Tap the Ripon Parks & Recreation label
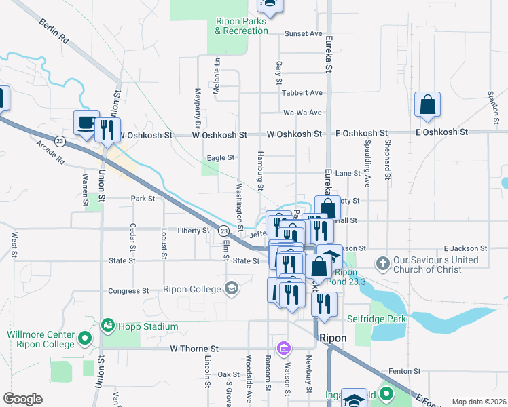(x=242, y=26)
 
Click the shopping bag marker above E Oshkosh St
(x=427, y=105)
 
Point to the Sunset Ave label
(x=303, y=33)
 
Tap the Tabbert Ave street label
(x=302, y=92)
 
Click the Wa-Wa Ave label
(x=302, y=113)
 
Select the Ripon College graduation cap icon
(x=232, y=289)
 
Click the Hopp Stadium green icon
(x=107, y=326)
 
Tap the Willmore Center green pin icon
(x=84, y=337)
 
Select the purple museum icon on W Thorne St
(x=283, y=349)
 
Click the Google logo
(x=22, y=399)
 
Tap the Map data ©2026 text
(x=478, y=402)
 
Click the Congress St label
(x=128, y=291)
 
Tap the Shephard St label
(x=387, y=155)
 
